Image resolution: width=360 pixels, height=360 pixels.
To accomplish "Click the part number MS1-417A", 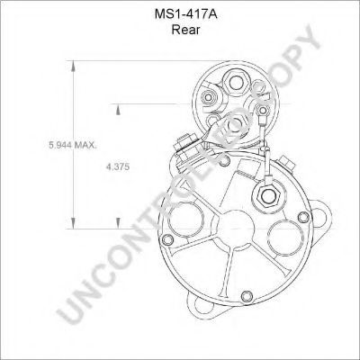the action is click(185, 14).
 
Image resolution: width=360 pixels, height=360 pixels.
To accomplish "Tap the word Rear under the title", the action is click(185, 30).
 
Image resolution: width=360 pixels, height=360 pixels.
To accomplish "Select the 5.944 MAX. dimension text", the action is click(73, 145).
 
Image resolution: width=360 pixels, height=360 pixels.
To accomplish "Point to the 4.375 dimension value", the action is click(118, 166).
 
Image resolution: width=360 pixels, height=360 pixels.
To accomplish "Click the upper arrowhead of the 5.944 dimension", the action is click(73, 66).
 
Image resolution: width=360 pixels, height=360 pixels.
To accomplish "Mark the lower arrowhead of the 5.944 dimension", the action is click(73, 223).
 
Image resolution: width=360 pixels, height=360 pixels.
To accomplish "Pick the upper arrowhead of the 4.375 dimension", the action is click(119, 110).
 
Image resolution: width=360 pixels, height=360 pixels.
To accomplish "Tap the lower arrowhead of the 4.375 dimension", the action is click(119, 223).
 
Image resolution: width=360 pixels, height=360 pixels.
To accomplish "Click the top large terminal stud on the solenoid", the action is click(236, 82).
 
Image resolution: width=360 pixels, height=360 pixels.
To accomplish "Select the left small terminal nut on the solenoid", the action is click(207, 97).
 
